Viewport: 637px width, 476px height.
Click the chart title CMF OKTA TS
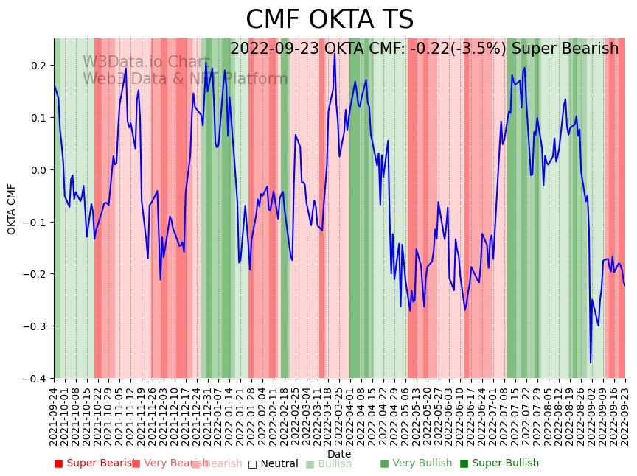(330, 20)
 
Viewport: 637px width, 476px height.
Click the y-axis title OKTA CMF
(12, 209)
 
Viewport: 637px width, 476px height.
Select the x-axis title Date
(339, 454)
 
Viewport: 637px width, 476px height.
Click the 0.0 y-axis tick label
(38, 170)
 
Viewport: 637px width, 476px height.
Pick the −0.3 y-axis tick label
(35, 326)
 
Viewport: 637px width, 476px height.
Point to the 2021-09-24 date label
(54, 416)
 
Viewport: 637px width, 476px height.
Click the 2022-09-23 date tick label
(625, 416)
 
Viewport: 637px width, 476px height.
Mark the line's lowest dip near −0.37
(591, 362)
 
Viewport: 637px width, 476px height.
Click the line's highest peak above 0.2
(334, 54)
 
